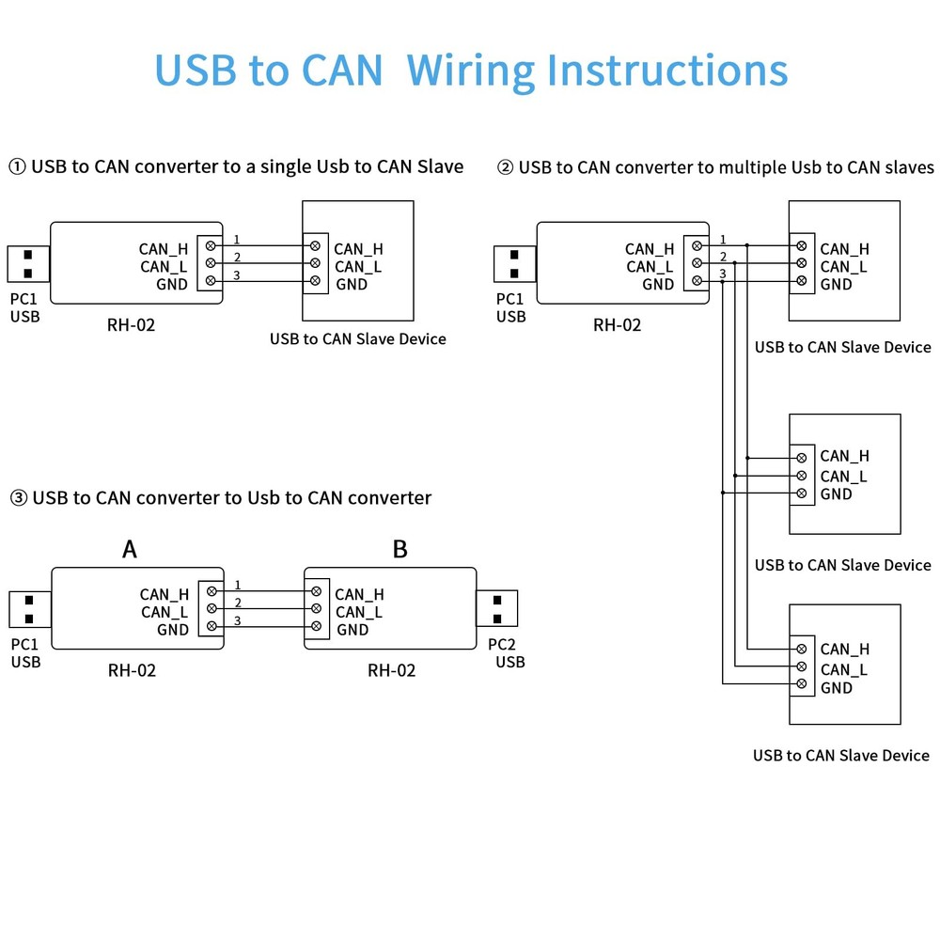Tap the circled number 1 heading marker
tap(18, 167)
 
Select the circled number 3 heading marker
tap(18, 498)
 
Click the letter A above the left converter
tap(130, 549)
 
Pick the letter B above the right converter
tap(399, 549)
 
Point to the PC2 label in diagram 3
tap(503, 645)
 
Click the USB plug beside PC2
tap(497, 608)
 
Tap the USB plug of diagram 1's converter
tap(28, 263)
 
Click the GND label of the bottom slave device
tap(837, 688)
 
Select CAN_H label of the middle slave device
tap(844, 457)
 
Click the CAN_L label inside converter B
tap(359, 612)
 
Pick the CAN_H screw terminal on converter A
tap(211, 591)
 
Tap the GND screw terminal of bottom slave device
tap(801, 685)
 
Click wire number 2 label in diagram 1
tap(237, 258)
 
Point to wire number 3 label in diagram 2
tap(722, 274)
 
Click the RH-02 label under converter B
tap(391, 670)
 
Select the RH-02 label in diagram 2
tap(617, 325)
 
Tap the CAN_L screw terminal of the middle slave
tap(801, 476)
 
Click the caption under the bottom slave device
tap(840, 755)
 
